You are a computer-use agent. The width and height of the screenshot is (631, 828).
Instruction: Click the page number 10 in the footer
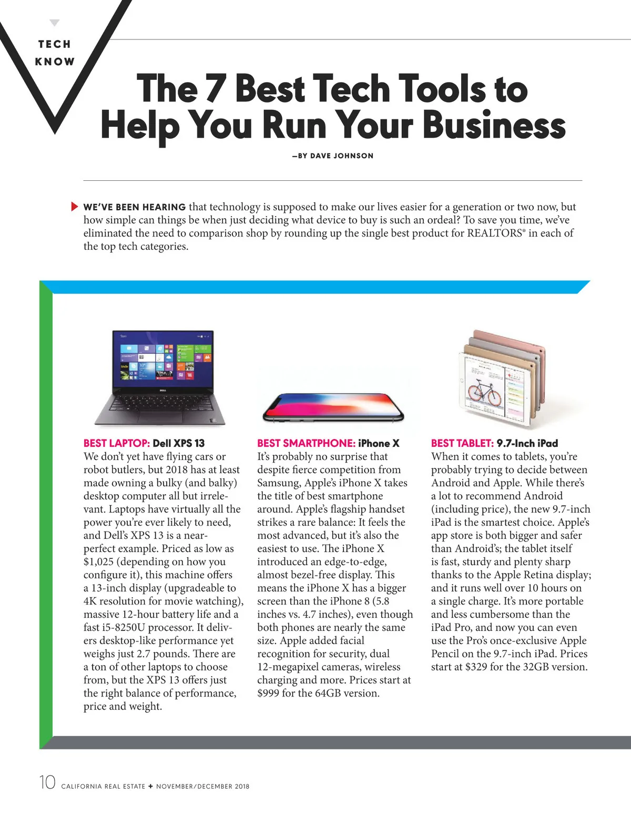pyautogui.click(x=47, y=782)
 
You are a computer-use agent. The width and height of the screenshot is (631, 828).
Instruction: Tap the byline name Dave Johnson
pyautogui.click(x=342, y=156)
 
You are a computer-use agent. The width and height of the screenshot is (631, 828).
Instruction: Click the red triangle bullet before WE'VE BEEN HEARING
pyautogui.click(x=74, y=207)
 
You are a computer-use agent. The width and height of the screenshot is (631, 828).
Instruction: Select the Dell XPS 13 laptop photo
pyautogui.click(x=160, y=377)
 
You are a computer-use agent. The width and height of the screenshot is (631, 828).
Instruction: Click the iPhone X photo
pyautogui.click(x=333, y=407)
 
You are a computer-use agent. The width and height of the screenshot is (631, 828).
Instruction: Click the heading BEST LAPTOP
pyautogui.click(x=117, y=443)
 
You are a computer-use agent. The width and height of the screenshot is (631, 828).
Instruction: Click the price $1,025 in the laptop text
pyautogui.click(x=98, y=561)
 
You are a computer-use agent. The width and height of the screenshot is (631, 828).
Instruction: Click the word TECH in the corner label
pyautogui.click(x=54, y=44)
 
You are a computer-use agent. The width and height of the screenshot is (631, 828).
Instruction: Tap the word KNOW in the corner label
pyautogui.click(x=55, y=62)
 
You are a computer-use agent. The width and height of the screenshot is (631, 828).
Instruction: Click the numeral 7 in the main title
pyautogui.click(x=215, y=88)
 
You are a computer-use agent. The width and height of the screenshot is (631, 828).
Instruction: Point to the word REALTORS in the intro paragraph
pyautogui.click(x=494, y=233)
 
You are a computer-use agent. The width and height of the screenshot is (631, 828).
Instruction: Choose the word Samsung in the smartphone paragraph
pyautogui.click(x=278, y=483)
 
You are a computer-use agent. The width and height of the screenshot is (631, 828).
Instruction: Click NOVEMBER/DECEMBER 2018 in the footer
pyautogui.click(x=202, y=786)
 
